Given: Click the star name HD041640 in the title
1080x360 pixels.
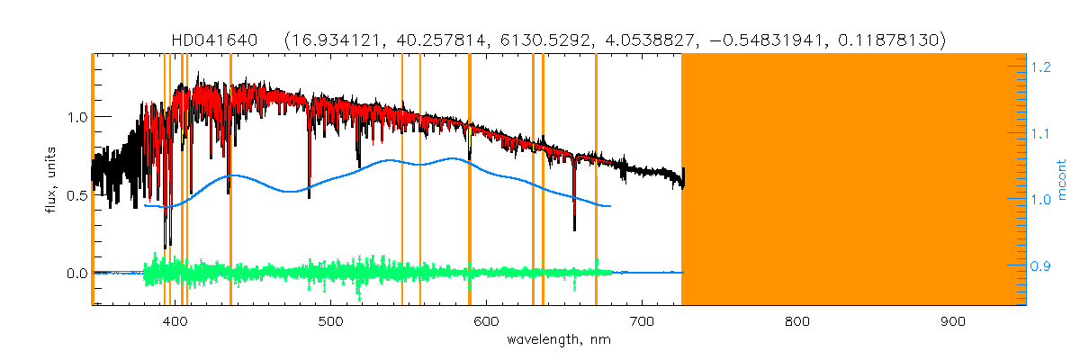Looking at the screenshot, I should (215, 40).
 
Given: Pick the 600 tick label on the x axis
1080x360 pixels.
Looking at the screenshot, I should (487, 321).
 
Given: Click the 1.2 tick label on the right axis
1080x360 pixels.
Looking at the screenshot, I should (1042, 67).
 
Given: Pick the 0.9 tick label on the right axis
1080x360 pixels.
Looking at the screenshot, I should (1042, 266).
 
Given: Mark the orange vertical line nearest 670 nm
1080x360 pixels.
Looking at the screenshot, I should (596, 180).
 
